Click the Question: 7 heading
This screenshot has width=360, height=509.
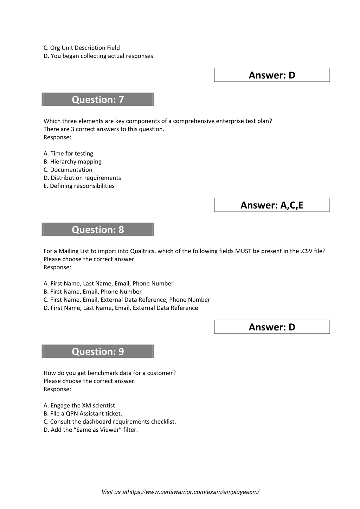pos(98,99)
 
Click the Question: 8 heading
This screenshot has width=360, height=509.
pos(98,230)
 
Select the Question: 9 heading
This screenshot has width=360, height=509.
pos(98,352)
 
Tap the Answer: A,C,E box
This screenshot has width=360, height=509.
pos(272,205)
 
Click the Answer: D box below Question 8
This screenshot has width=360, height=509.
pos(272,327)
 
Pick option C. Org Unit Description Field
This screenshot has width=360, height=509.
pos(82,48)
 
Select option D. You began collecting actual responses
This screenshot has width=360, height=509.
pos(98,56)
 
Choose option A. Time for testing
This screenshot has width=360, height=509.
pos(68,154)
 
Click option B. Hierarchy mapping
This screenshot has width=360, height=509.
pos(72,162)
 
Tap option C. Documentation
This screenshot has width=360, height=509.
pos(68,170)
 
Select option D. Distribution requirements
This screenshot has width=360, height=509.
pos(82,178)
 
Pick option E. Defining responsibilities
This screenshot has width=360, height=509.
pos(79,186)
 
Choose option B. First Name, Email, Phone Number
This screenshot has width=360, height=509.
pos(92,292)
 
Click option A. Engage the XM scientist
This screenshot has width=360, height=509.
pos(80,406)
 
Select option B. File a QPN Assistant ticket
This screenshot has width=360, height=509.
pos(83,414)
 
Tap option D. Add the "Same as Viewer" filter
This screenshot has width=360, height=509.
pos(91,430)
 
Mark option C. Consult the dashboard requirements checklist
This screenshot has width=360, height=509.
pos(110,422)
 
